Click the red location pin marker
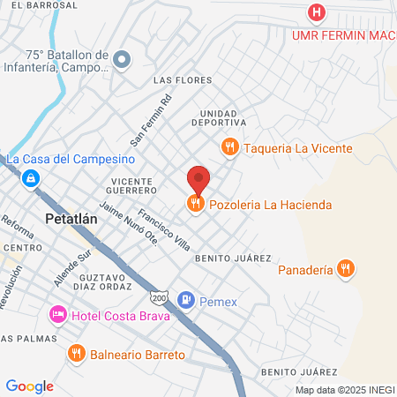pos(198,179)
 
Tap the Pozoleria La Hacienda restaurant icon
pos(195,205)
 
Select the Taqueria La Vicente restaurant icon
pos(230,147)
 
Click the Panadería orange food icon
pos(346,268)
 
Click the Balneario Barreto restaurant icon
pos(77,354)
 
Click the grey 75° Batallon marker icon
pos(122,60)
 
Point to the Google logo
pos(29,386)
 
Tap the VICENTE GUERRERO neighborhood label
pos(132,185)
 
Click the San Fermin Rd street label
pos(150,121)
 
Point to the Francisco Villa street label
pos(164,228)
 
